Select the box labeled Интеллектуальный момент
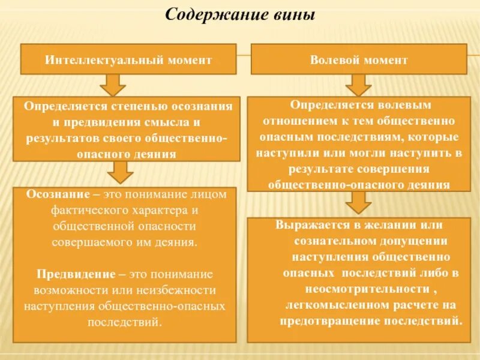click(x=129, y=60)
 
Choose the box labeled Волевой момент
click(x=358, y=60)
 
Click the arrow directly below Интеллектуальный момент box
click(x=112, y=85)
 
